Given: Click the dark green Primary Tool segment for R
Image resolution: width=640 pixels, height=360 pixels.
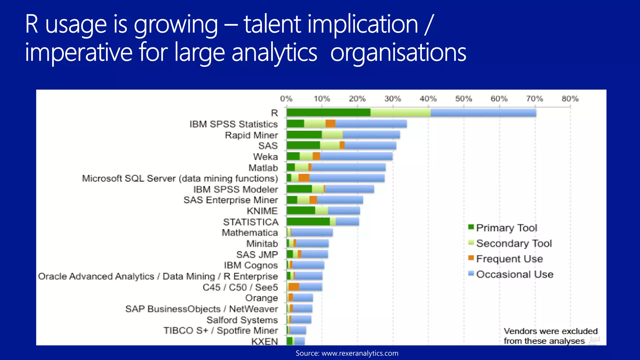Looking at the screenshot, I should point(328,112).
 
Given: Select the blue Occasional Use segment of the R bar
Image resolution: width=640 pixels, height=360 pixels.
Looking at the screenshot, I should point(483,112).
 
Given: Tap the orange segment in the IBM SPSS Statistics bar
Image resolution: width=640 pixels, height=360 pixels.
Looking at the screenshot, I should point(330,124).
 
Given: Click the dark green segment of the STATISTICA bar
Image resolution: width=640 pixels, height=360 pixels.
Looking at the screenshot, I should point(308,222).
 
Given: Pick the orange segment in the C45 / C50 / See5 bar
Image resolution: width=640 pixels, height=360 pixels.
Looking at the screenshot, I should point(294,287).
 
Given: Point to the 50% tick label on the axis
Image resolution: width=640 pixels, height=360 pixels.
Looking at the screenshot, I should point(463,99).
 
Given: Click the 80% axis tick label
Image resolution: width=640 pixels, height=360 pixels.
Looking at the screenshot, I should point(570,99).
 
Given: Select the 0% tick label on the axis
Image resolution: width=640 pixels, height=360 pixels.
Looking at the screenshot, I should point(286,99).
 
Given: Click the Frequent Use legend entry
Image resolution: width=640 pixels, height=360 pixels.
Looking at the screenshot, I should point(509,259).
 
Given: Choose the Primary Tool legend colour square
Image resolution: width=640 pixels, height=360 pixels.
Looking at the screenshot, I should point(471,227).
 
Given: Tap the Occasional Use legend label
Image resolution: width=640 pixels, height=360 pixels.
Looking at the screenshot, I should point(515,274).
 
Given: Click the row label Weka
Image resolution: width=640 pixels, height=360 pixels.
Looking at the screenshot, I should point(265,157).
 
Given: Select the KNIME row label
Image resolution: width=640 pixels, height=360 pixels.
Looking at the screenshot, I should point(262,211).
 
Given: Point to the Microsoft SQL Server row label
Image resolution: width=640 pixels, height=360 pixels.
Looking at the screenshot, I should point(180,178).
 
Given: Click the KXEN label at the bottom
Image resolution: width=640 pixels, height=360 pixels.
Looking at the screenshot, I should point(264,341).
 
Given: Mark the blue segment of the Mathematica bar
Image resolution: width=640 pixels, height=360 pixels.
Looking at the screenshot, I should point(312,232).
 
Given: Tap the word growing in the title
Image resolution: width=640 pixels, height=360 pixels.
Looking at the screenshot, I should point(176,25).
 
